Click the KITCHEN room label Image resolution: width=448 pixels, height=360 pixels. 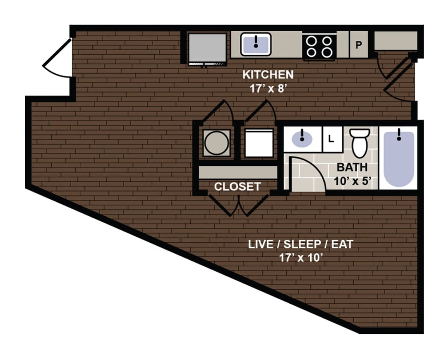268,75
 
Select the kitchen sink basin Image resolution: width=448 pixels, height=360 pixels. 256,44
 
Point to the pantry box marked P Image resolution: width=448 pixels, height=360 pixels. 359,45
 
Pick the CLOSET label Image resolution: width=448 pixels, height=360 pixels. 237,187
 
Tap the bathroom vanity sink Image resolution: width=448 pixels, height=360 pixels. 302,138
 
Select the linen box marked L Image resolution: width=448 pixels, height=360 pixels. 332,139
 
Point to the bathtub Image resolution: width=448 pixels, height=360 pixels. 399,158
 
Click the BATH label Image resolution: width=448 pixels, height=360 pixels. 352,167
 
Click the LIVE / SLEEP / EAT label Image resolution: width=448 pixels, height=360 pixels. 301,245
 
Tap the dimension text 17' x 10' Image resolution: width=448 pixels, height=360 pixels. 301,258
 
